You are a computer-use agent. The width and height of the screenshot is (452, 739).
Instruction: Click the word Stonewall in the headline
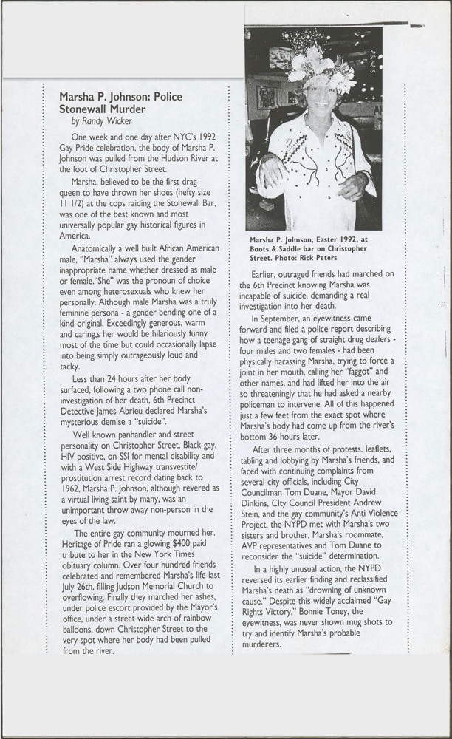tap(88, 109)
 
